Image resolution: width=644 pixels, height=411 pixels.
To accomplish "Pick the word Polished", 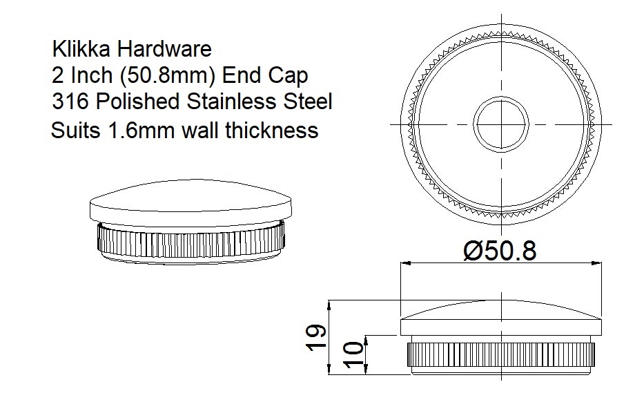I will point(137,102).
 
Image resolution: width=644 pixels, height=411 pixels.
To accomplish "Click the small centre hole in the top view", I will point(500,124).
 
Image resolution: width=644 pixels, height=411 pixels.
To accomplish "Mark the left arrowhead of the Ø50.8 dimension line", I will point(405,263).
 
